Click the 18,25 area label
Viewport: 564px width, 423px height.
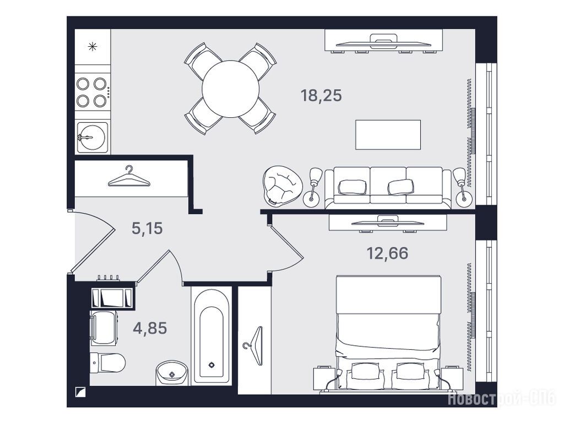tap(321, 96)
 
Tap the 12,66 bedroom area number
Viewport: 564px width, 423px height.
tap(387, 253)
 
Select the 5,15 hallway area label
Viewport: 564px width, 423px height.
tap(147, 228)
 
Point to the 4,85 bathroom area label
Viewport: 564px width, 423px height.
tap(150, 328)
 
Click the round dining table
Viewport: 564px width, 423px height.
tap(231, 89)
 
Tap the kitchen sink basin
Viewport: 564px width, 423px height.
tap(93, 137)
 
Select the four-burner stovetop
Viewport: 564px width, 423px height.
tap(92, 93)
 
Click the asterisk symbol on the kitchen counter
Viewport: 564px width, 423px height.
tap(93, 46)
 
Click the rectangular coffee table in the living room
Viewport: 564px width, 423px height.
tap(388, 134)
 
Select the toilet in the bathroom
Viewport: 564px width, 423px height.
tap(107, 362)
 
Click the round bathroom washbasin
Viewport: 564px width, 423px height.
tap(172, 373)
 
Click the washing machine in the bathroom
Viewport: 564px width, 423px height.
tap(104, 328)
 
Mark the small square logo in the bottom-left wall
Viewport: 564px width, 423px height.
tap(79, 392)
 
